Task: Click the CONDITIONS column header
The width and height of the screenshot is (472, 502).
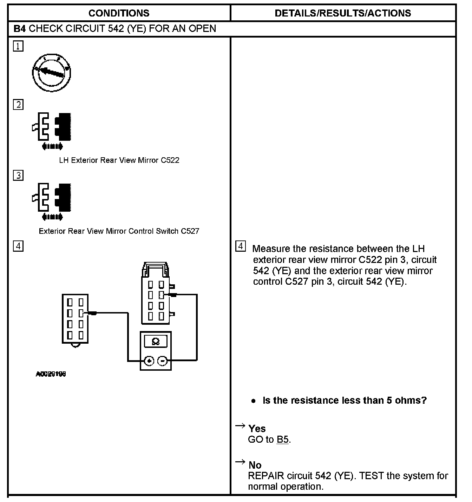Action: [119, 13]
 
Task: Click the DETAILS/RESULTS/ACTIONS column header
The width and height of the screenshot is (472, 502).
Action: [343, 13]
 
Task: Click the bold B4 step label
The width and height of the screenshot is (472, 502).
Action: [20, 28]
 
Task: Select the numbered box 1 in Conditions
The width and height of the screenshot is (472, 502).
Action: [18, 46]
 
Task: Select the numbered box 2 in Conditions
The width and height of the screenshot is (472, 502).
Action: [18, 105]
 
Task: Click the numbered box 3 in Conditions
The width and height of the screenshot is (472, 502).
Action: [18, 175]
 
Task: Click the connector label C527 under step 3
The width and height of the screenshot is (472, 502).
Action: [190, 231]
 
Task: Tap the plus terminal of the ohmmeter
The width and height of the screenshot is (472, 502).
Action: [150, 361]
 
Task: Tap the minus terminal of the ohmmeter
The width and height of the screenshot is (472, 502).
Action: [162, 361]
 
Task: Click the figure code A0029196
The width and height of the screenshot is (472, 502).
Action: [51, 374]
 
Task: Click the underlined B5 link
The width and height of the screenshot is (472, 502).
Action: [283, 440]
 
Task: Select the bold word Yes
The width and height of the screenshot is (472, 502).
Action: [257, 429]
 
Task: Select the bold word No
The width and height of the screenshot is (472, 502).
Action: [255, 465]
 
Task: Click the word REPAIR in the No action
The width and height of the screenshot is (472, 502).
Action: [266, 476]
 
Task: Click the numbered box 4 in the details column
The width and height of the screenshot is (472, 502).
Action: [240, 246]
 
